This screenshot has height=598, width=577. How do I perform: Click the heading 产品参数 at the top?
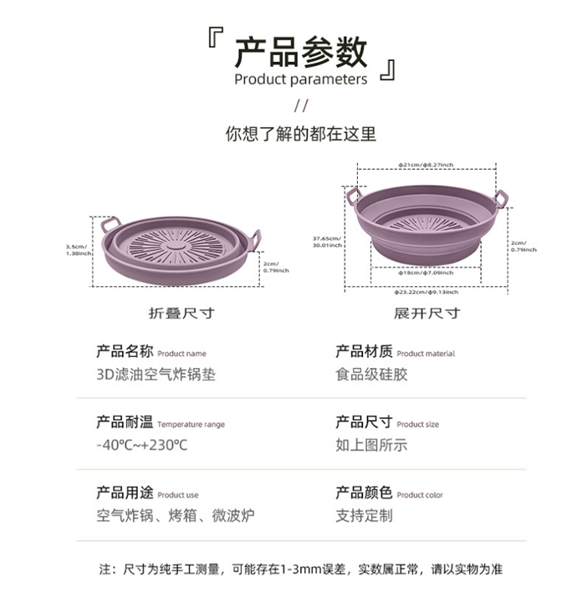300,52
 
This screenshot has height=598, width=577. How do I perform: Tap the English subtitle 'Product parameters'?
300,79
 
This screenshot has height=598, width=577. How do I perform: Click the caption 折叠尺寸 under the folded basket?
181,314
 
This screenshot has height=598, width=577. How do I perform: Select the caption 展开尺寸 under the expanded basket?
426,314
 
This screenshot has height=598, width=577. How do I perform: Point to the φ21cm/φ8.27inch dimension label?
426,166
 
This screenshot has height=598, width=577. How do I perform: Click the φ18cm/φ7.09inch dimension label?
426,273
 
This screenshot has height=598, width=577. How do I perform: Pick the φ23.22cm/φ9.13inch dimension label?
426,293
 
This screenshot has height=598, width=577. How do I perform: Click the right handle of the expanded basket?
500,197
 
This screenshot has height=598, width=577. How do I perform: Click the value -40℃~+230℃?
142,444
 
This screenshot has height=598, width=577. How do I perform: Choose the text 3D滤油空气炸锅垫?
156,375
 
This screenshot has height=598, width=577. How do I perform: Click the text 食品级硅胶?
371,375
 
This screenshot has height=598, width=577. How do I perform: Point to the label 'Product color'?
420,495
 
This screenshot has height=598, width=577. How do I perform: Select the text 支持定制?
364,515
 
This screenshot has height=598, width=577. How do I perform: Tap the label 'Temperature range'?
191,425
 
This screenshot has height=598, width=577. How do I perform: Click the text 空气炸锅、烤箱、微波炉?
175,515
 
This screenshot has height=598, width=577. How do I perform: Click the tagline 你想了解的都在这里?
300,133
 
